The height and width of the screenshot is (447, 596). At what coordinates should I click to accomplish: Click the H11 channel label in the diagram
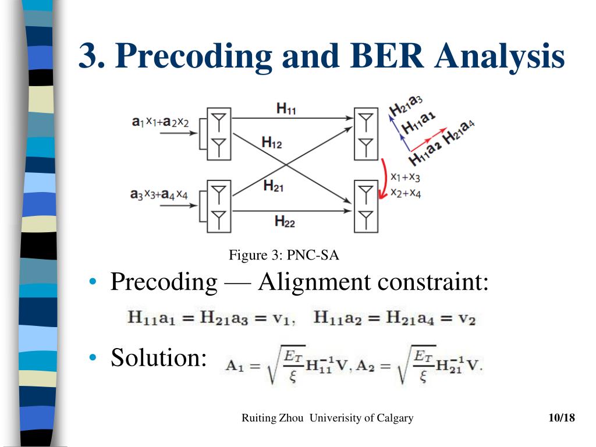(x=286, y=108)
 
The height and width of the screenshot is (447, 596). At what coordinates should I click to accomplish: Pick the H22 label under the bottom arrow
(x=285, y=221)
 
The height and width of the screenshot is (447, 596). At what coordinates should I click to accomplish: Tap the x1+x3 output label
(x=406, y=176)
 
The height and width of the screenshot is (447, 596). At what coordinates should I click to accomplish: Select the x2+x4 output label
(x=406, y=193)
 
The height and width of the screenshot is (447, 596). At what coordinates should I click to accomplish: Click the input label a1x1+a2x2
(x=159, y=122)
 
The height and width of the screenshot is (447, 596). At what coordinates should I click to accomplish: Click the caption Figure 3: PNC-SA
(x=284, y=255)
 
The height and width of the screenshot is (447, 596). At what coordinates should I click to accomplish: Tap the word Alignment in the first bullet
(x=315, y=282)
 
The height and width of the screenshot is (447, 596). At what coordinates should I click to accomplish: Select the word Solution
(x=159, y=357)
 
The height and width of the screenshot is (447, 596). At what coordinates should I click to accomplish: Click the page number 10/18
(x=561, y=418)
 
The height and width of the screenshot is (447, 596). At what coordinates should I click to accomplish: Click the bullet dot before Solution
(x=93, y=357)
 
